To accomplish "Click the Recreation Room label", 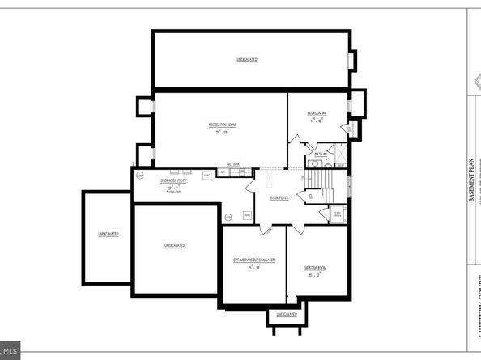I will (222, 125).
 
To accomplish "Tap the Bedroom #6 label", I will (316, 112).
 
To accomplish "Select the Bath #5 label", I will (319, 153).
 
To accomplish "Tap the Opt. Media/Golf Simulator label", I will (255, 260).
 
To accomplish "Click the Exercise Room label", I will (315, 267).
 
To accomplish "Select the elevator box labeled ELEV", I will (337, 214).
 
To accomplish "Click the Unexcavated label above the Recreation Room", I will (248, 60).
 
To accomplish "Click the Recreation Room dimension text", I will (222, 131).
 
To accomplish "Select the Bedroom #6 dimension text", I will (316, 119).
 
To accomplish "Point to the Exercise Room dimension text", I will (315, 274).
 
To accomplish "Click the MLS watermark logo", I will (10, 352).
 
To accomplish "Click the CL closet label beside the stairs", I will (312, 196).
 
